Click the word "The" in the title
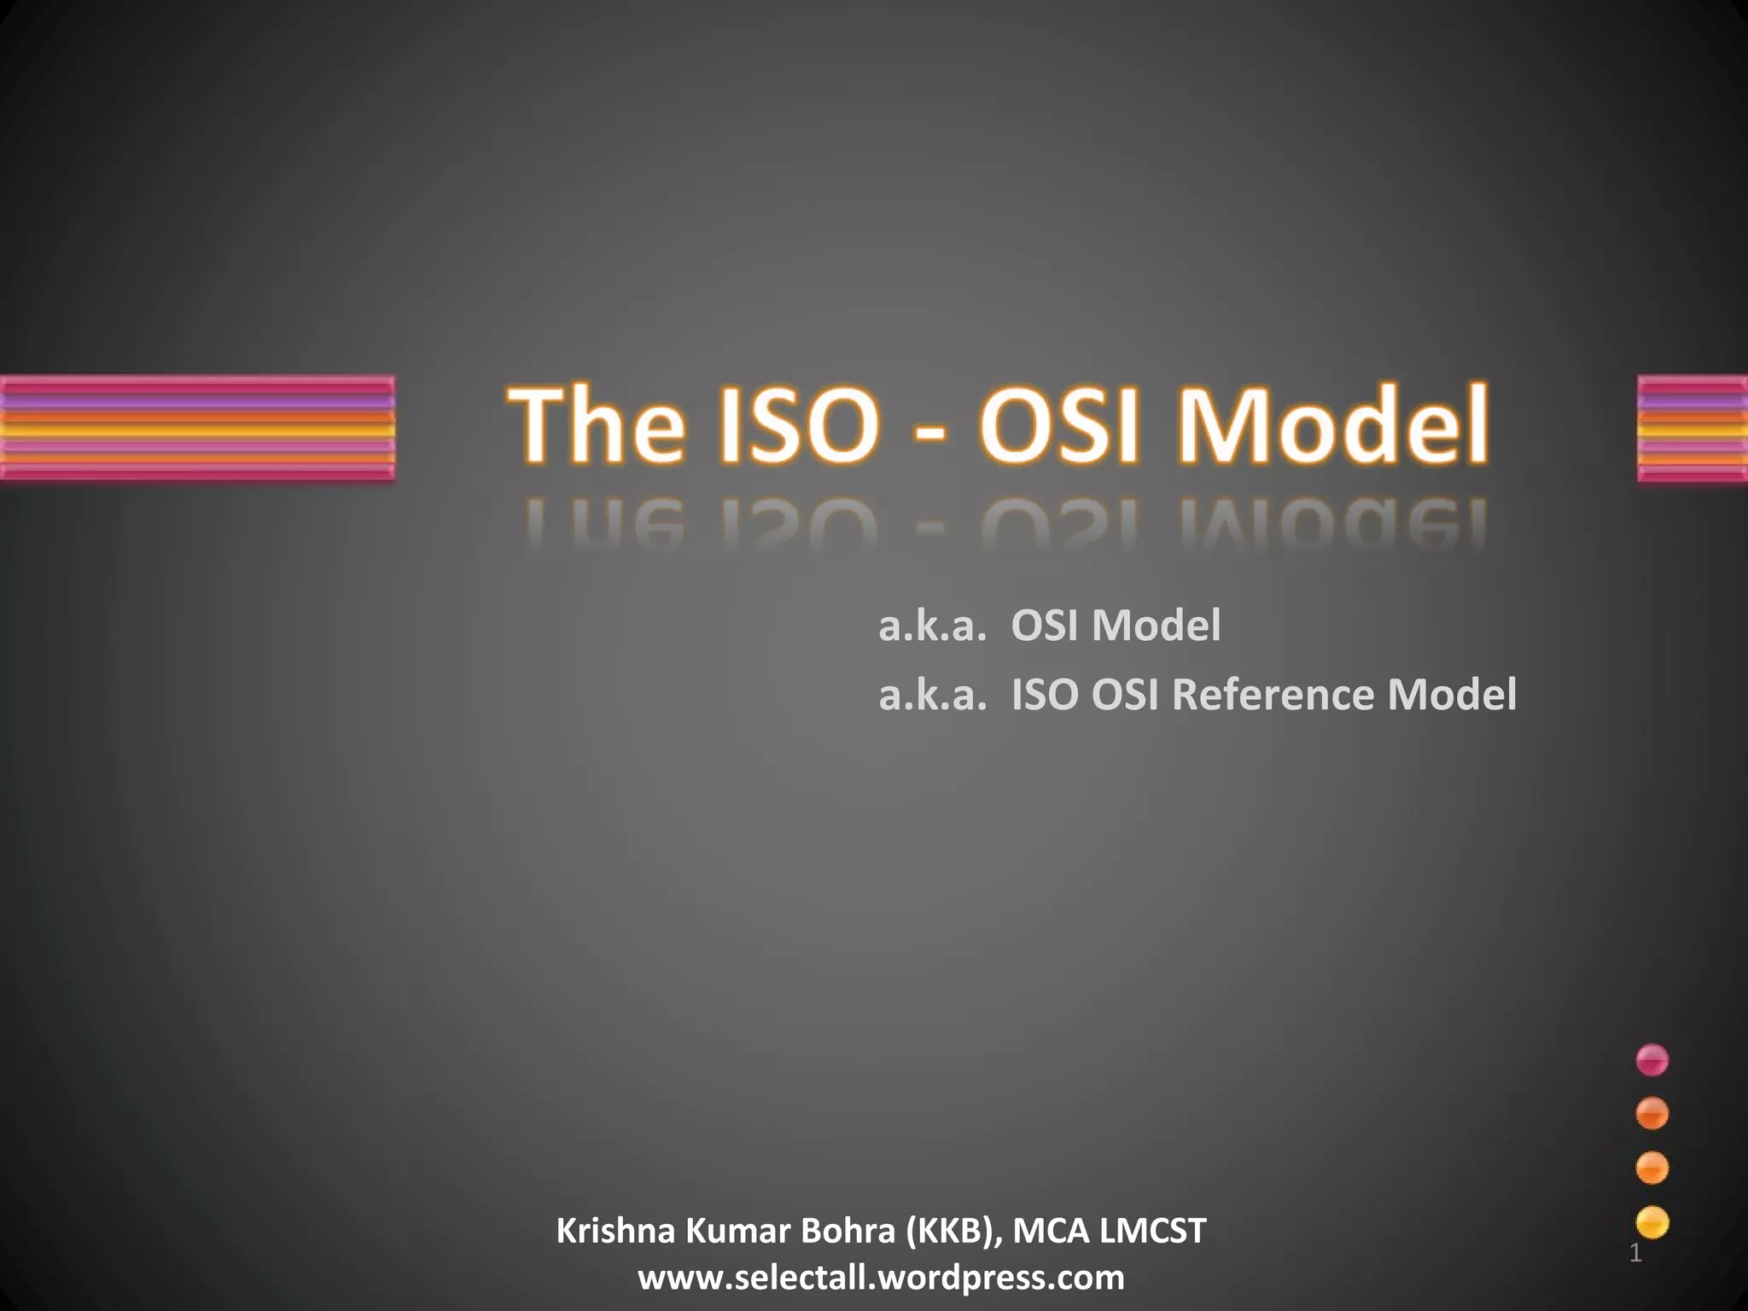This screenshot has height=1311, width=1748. coord(597,425)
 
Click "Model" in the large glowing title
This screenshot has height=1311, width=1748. coord(1332,425)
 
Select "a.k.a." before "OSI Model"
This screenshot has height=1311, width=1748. coord(933,626)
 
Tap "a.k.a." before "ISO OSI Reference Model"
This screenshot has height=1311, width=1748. coord(933,694)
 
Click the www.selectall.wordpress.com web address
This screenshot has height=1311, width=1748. coord(881,1278)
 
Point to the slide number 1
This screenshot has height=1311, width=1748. coord(1635,1254)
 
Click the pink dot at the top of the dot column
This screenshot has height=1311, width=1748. coord(1652,1059)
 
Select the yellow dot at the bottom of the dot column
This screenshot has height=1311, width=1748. coord(1652,1222)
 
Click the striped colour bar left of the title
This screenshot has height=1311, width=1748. coord(197,428)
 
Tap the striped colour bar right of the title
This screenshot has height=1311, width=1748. coord(1693,428)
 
